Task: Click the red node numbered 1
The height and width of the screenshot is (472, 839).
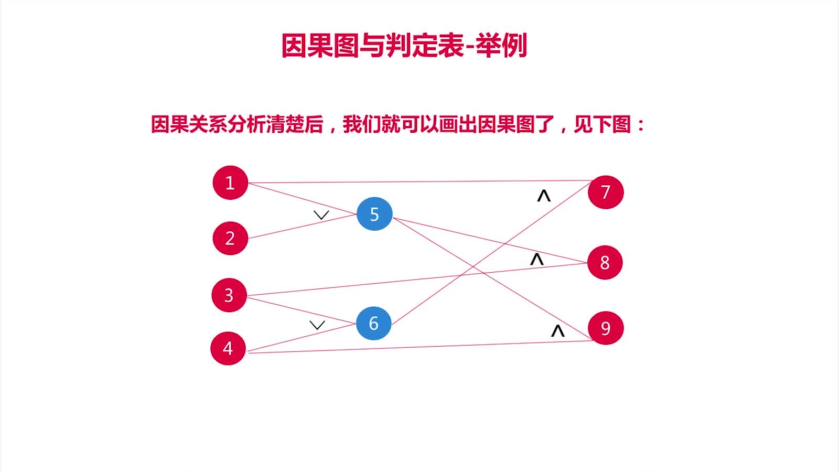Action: (230, 183)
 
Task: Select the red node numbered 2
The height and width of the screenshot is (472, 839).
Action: (230, 238)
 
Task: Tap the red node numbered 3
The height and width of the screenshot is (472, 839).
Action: (229, 295)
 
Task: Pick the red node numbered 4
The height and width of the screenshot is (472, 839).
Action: (228, 348)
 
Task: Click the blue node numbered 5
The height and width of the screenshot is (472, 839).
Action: (374, 214)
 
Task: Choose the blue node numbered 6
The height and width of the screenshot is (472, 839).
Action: (373, 323)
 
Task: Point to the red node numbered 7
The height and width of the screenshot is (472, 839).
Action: (606, 192)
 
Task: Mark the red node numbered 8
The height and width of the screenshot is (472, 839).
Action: (605, 262)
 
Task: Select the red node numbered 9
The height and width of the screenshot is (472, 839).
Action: (606, 328)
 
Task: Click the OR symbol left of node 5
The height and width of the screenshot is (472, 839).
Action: (321, 215)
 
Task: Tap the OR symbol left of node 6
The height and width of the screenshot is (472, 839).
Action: (317, 325)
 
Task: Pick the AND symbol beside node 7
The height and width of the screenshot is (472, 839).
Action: (544, 196)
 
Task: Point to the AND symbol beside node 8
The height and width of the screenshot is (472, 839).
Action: (536, 259)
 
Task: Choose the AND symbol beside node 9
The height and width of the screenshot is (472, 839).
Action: (558, 330)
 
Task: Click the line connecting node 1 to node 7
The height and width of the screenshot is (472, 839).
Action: (419, 181)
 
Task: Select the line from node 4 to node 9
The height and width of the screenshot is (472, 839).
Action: (419, 347)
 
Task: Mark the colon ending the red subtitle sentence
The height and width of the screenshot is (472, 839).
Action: (640, 125)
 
